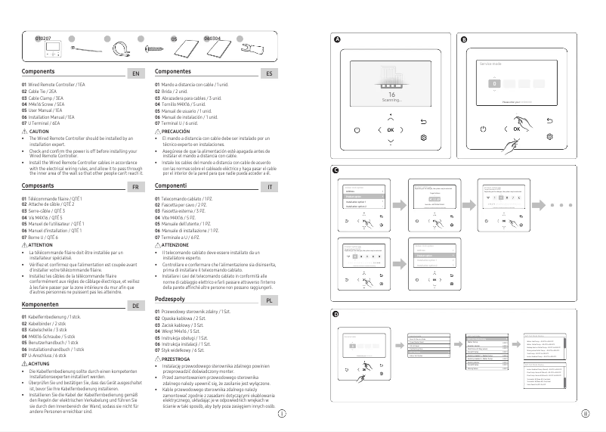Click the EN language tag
(x=135, y=74)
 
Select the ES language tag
(x=269, y=74)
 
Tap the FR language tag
(x=135, y=187)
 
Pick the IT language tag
(x=269, y=187)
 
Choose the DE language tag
(x=135, y=306)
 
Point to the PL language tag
(x=269, y=300)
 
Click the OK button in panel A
(x=390, y=129)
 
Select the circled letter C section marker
(x=337, y=171)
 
